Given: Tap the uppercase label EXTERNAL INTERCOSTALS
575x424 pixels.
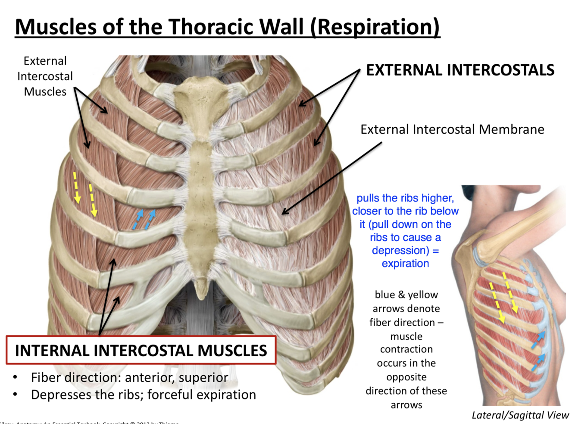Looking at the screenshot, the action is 460,70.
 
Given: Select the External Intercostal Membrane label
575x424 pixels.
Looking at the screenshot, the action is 452,129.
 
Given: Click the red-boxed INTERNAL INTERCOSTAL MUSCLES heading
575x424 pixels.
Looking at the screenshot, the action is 141,351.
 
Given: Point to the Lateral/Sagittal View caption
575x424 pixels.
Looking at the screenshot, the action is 520,415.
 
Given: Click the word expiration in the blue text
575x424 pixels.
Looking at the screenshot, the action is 405,264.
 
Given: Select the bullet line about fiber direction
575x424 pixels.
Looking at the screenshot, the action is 129,377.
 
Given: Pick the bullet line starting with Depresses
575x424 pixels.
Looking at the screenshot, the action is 143,395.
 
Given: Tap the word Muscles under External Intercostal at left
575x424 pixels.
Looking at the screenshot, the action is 45,92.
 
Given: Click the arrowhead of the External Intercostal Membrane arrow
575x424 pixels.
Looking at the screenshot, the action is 284,213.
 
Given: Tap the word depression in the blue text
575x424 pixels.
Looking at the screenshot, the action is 399,251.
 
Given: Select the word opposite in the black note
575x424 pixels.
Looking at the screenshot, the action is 406,377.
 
